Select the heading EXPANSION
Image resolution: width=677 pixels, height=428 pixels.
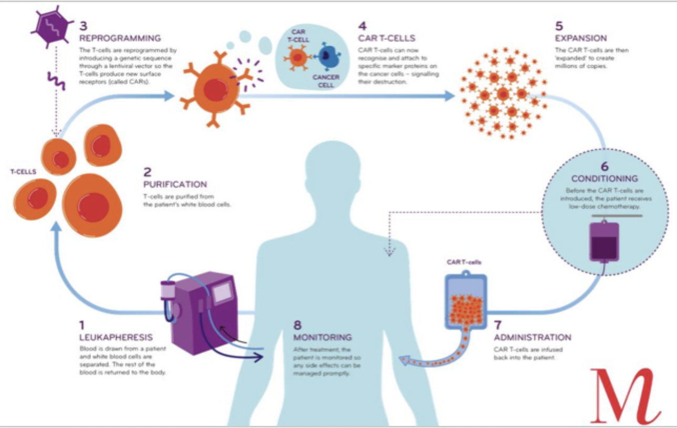click(581, 38)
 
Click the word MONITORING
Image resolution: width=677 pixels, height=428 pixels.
click(323, 337)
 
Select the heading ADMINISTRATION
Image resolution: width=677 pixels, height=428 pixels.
click(532, 337)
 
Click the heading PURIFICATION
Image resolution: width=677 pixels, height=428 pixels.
click(175, 185)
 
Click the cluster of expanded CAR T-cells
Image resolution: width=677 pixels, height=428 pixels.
click(503, 95)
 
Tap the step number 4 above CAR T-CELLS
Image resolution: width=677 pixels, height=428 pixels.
click(363, 25)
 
